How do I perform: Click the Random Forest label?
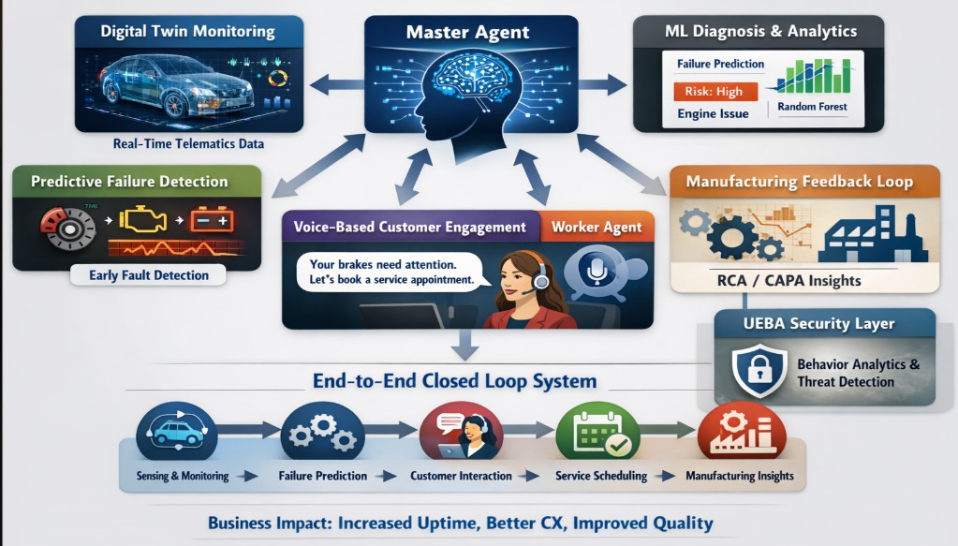[812, 107]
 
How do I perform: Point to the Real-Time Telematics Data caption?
[187, 144]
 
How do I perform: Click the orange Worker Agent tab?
[597, 227]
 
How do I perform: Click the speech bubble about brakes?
[391, 271]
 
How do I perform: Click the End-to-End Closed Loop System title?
[454, 381]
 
